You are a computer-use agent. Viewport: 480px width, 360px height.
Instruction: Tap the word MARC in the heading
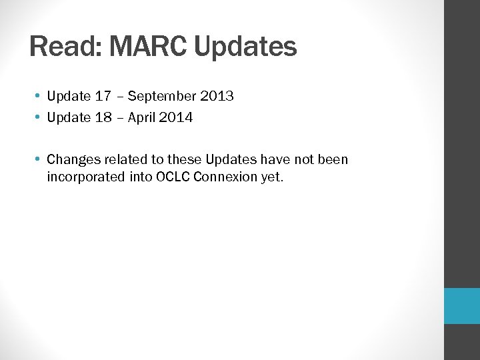(x=145, y=47)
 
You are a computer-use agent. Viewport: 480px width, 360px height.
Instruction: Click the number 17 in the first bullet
(x=103, y=96)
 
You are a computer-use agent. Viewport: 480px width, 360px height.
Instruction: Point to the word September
(x=161, y=97)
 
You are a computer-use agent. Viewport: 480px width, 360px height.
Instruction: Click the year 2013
(x=216, y=96)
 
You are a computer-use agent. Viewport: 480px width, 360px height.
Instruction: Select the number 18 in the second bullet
(x=103, y=117)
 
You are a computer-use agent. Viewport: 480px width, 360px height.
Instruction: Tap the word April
(x=141, y=118)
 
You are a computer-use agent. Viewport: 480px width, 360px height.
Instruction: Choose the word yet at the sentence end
(x=271, y=178)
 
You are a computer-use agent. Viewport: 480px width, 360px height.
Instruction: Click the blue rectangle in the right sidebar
(x=462, y=306)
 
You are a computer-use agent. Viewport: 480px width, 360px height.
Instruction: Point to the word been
(x=333, y=159)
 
